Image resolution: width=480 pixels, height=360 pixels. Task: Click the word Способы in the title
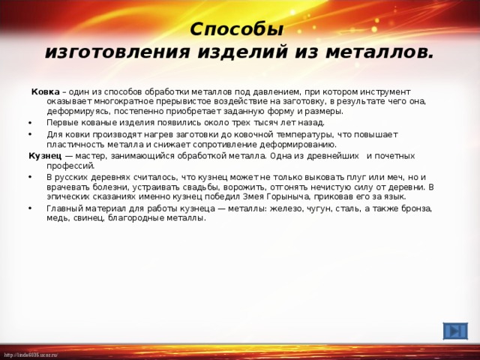(x=236, y=29)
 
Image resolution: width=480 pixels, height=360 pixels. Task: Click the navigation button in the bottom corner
(x=454, y=331)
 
